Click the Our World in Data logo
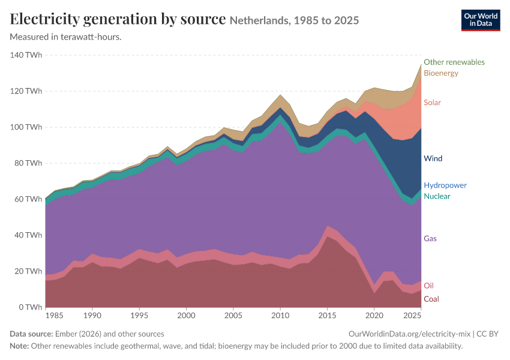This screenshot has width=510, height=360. [481, 20]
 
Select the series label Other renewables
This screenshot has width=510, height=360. [454, 62]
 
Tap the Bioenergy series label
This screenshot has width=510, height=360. [441, 73]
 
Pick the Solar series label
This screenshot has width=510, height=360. [432, 103]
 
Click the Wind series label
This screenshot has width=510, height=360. [433, 158]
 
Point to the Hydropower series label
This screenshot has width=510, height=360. [445, 185]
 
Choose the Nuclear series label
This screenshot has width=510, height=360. [437, 196]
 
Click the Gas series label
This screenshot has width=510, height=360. [430, 238]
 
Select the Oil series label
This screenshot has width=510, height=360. [428, 286]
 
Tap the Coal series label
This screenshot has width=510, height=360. [431, 299]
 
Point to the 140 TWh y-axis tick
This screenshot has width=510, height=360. [26, 55]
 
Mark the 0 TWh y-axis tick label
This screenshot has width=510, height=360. [30, 307]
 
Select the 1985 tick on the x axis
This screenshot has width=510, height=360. [55, 316]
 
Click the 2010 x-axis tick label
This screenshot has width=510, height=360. [280, 316]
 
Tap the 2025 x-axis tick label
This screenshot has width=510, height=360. [412, 316]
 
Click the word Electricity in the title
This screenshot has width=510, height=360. [44, 19]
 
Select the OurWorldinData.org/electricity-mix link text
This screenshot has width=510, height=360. [409, 334]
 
